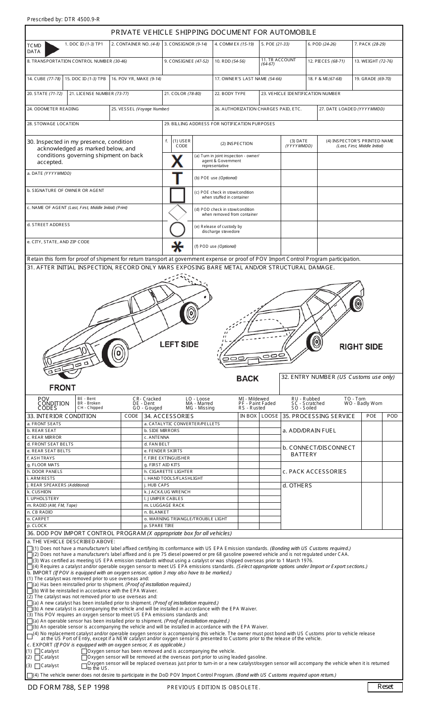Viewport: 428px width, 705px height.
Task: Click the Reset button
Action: [385, 687]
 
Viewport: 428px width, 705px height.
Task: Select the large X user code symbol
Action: [178, 161]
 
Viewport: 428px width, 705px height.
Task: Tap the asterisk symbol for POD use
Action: [178, 246]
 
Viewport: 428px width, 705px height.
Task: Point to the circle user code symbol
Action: [178, 229]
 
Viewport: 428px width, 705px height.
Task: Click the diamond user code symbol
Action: [178, 212]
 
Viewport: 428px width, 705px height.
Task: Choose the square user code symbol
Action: [178, 195]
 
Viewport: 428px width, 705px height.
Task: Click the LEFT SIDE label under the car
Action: [179, 344]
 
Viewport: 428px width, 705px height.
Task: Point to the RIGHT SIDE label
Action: [361, 346]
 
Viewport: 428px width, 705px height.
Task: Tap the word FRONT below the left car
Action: [63, 387]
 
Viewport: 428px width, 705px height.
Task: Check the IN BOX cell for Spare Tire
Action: [249, 526]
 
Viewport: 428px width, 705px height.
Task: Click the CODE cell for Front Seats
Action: [132, 424]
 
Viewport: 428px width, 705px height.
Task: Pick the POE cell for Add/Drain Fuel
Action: [371, 431]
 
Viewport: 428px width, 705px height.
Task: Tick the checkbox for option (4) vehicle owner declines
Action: [30, 675]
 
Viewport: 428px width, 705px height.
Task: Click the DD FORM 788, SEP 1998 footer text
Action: [68, 687]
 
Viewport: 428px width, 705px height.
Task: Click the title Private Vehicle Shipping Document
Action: [214, 32]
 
